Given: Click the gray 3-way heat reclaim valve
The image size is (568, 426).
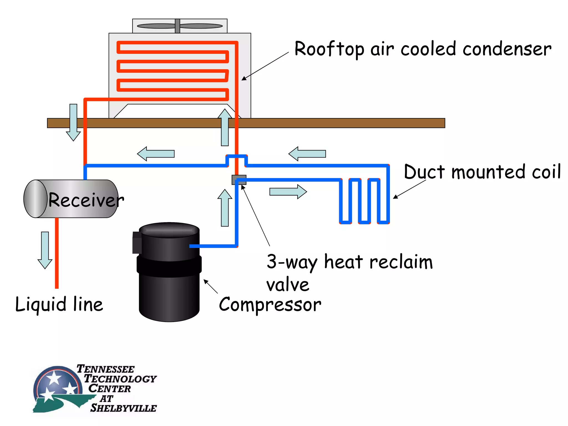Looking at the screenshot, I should [x=239, y=179].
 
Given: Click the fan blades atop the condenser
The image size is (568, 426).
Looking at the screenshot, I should [x=180, y=26].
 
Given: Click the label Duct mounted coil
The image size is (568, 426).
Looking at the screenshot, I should [x=482, y=172].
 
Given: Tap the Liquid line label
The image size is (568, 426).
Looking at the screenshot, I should [x=59, y=304].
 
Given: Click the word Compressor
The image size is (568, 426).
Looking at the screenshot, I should [x=270, y=305].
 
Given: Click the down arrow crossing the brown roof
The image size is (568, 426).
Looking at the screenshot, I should [x=73, y=122].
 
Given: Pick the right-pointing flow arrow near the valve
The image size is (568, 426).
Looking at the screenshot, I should [x=288, y=192].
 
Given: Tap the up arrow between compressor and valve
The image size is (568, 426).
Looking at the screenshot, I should [x=225, y=208].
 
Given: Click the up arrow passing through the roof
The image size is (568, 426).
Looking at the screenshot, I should [x=225, y=127].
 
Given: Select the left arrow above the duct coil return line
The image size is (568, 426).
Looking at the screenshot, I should [x=307, y=154].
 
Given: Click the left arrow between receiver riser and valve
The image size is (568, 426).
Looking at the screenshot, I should [x=156, y=154].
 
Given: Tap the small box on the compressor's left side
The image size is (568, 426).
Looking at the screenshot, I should [x=137, y=243].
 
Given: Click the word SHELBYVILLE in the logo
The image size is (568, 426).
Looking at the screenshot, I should [x=123, y=408].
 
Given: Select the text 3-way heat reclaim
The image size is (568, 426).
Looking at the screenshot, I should [x=349, y=262].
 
